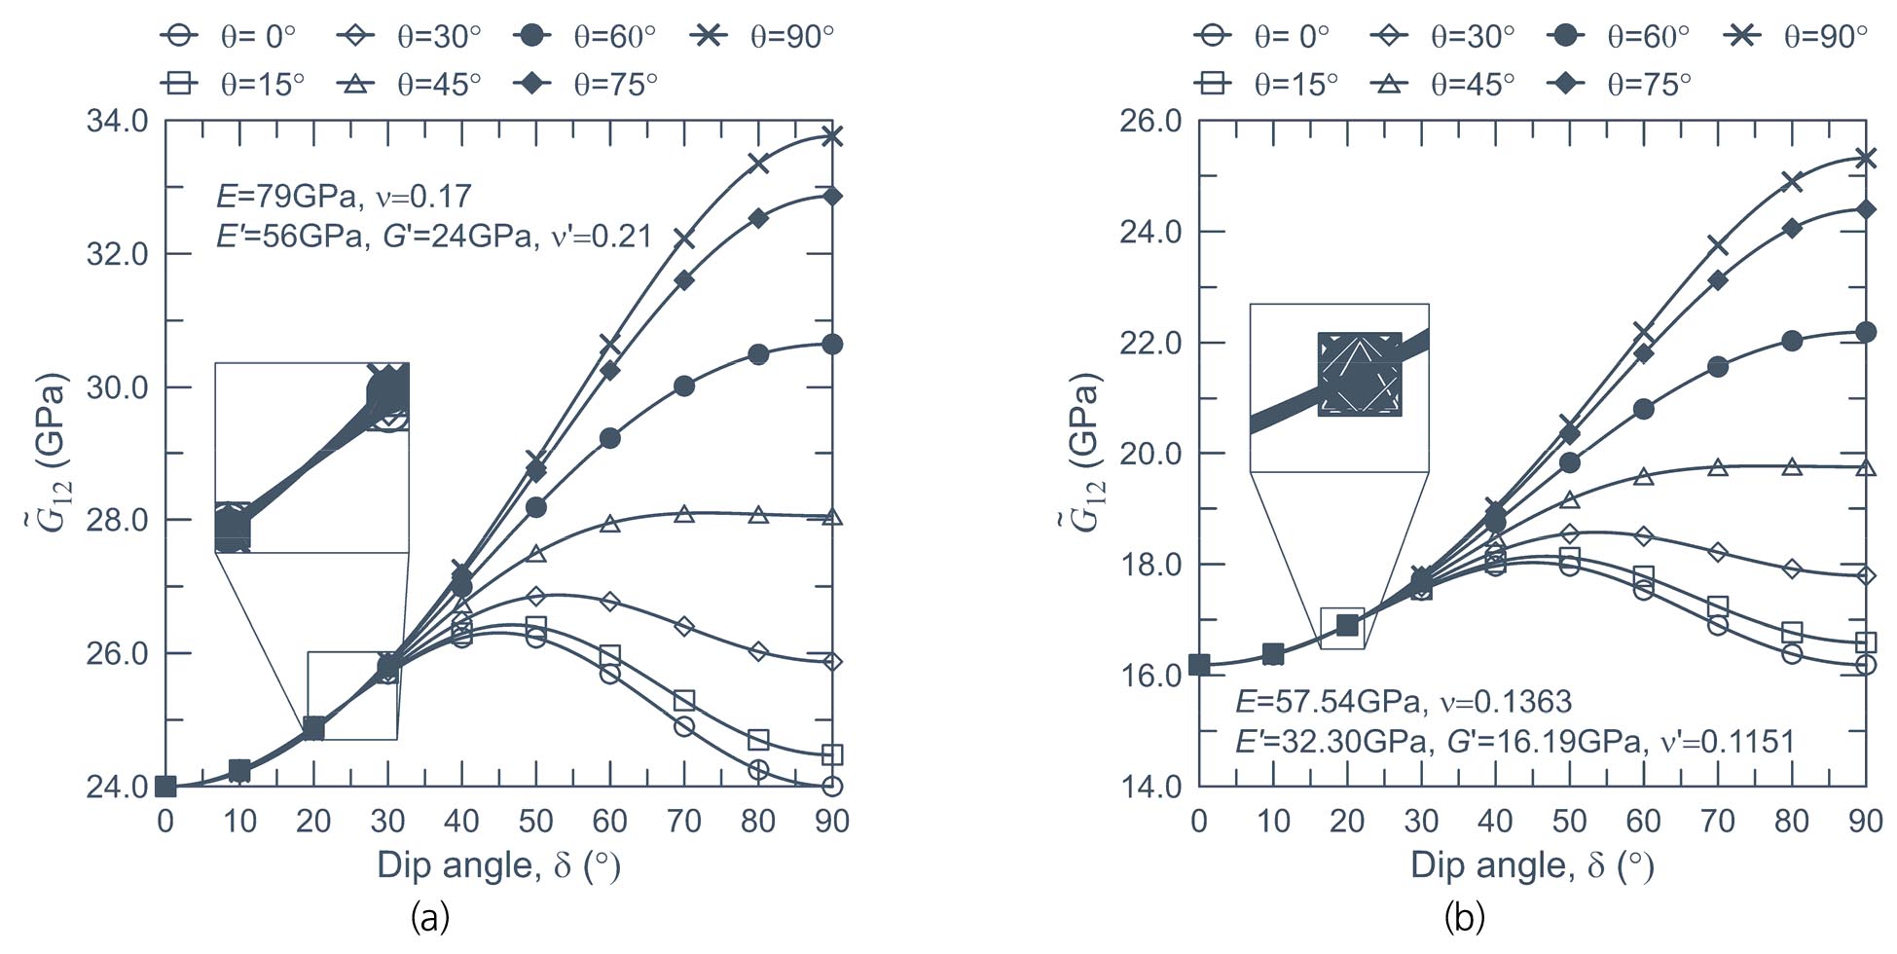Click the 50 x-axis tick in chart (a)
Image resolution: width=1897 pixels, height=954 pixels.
pos(535,821)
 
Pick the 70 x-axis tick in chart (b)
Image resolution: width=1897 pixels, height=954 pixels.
pos(1718,821)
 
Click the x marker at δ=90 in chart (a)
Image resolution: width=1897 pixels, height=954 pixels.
pos(832,135)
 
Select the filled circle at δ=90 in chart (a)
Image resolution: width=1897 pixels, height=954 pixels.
pos(832,344)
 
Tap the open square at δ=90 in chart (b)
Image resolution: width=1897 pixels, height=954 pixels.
pos(1866,642)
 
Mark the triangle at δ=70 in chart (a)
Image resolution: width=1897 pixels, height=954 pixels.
pos(684,513)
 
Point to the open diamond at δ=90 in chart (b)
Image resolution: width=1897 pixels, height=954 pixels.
pos(1866,575)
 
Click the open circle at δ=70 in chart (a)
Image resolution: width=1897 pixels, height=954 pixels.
pos(684,726)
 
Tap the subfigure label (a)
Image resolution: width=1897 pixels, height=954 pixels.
pos(429,917)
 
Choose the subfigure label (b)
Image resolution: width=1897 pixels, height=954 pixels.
pos(1464,917)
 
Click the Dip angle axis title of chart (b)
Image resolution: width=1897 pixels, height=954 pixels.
pos(1531,865)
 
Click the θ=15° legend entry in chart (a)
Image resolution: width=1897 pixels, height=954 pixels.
pos(233,84)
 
